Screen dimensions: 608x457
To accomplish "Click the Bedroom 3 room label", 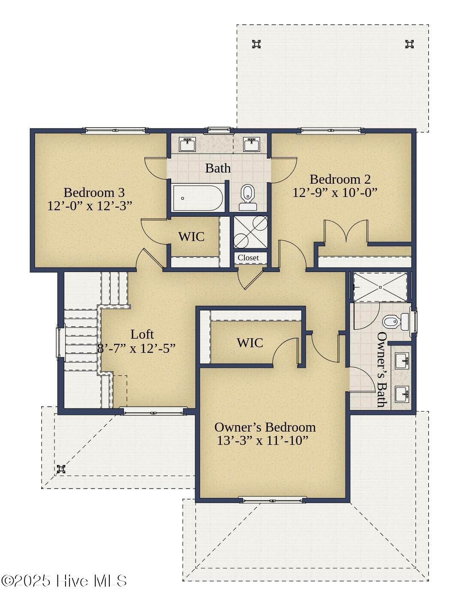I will coord(94,192).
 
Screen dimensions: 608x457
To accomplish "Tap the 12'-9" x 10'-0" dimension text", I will coord(335,193).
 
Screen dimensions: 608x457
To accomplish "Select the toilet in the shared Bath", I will coord(247,197).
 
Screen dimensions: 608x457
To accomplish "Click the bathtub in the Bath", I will coord(198,198).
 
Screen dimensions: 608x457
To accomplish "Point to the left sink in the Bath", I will coord(187,145).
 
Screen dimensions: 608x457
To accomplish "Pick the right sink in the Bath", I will coord(251,145).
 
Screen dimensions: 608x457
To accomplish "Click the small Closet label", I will coord(248,258).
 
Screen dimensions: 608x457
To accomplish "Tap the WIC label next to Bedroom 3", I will coord(191,237).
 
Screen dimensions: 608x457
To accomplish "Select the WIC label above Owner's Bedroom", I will coord(250,343).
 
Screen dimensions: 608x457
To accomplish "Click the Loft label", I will coord(142,334).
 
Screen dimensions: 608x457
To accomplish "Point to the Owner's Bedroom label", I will coord(265,427).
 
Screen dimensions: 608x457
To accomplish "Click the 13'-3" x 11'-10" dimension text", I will coord(262,441).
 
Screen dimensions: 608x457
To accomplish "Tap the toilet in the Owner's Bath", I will coord(396,322).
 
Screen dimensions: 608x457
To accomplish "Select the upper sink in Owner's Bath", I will coord(402,361).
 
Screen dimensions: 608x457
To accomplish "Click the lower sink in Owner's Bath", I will coord(402,393).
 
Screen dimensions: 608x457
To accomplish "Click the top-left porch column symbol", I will coord(256,44).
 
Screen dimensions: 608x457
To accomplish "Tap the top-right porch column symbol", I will coord(409,44).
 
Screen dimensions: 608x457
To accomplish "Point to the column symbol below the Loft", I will coord(61,469).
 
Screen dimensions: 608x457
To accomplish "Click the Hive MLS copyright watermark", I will coord(64,581).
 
